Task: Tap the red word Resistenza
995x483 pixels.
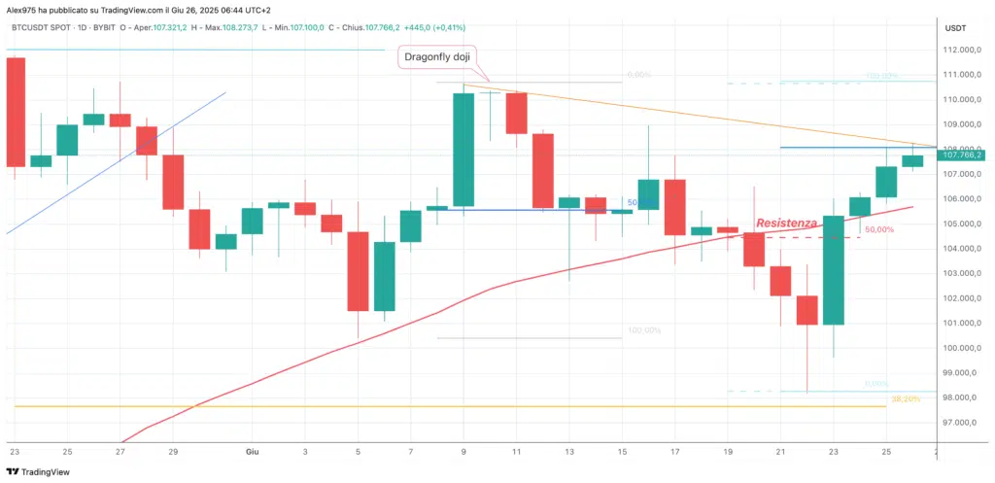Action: (788, 224)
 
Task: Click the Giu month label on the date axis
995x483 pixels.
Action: (251, 452)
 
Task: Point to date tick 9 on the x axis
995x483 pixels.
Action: (463, 452)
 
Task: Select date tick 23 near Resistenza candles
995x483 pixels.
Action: (834, 452)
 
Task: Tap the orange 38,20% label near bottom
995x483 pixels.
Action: (904, 399)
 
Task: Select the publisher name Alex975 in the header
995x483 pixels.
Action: (20, 8)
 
